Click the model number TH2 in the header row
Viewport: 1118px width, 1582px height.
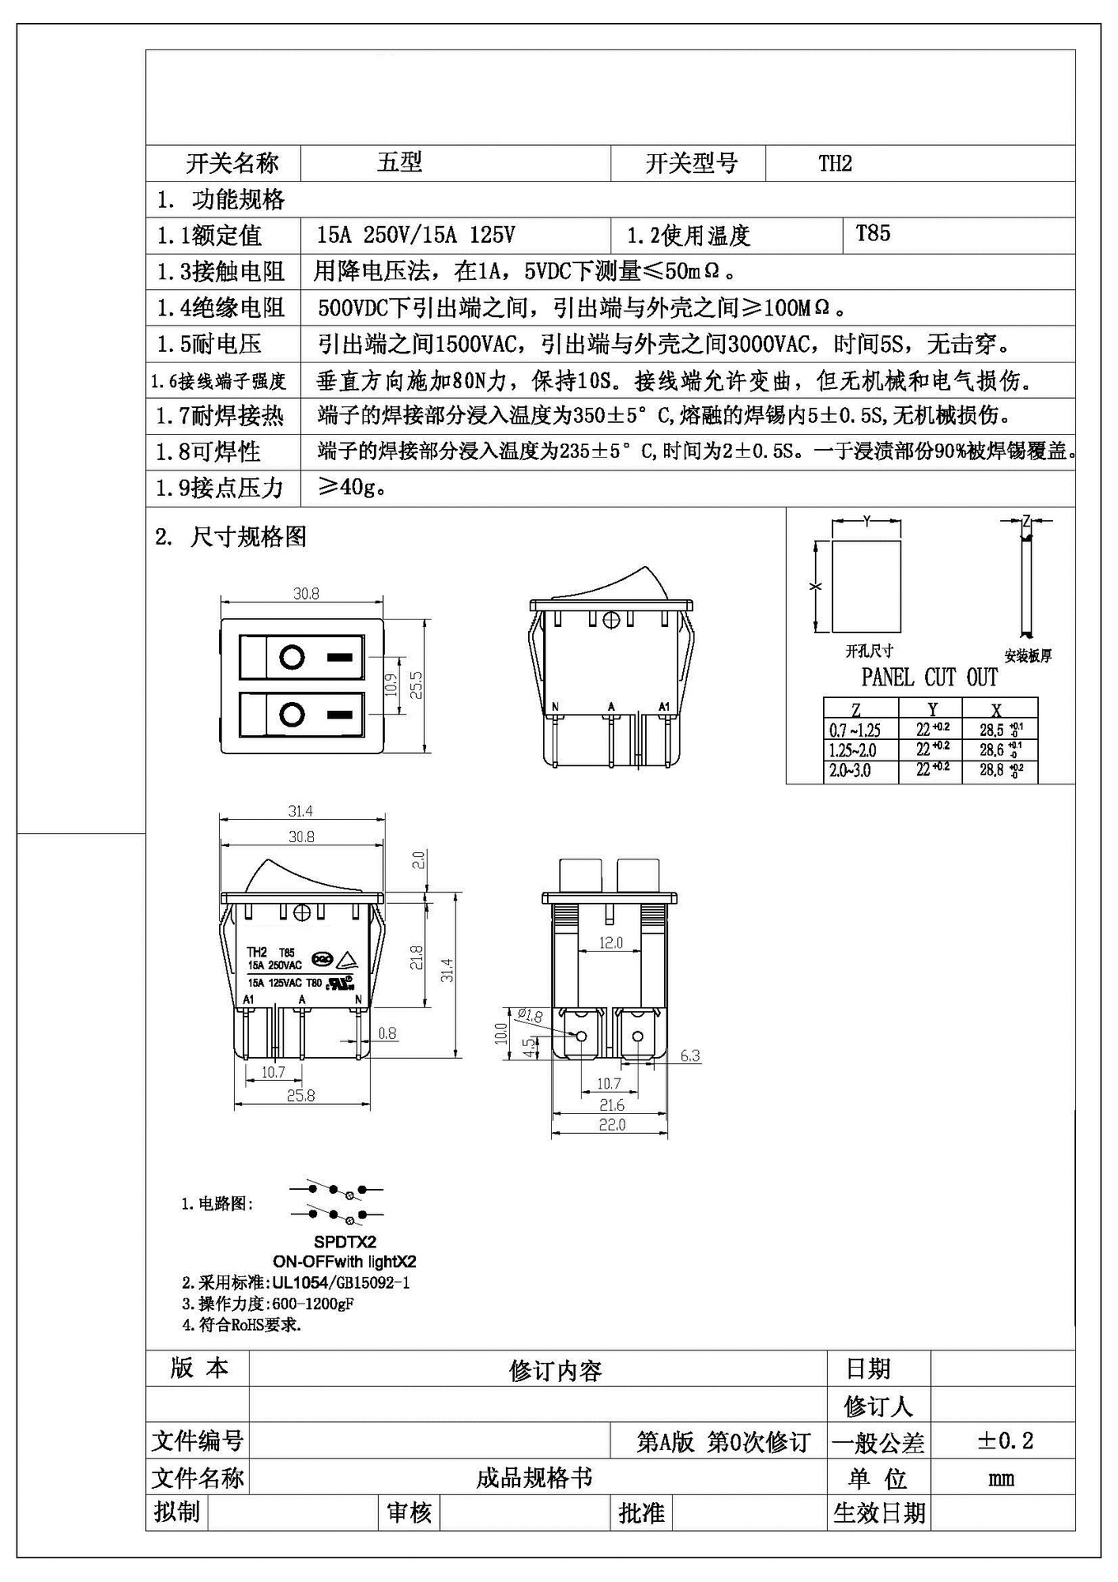click(835, 163)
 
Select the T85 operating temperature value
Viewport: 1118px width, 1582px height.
click(872, 233)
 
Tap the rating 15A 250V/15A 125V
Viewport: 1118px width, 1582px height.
click(415, 236)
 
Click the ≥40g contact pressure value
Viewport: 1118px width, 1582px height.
click(353, 488)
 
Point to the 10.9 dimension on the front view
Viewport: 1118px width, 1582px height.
click(391, 685)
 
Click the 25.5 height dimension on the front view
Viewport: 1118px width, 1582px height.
click(416, 685)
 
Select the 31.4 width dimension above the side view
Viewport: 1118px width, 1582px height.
click(301, 811)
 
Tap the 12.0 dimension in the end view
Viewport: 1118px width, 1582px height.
click(610, 943)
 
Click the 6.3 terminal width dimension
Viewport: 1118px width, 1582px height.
click(690, 1055)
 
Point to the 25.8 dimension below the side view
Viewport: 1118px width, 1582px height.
click(301, 1095)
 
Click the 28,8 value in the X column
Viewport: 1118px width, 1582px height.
click(992, 770)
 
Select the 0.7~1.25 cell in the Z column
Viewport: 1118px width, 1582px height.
click(854, 730)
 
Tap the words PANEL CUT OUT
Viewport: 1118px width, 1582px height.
click(929, 677)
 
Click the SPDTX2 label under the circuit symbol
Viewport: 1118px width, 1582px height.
click(344, 1242)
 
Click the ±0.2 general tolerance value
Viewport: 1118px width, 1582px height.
click(1005, 1441)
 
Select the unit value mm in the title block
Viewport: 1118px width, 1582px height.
click(1001, 1478)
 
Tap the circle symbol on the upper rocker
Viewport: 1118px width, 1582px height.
click(292, 658)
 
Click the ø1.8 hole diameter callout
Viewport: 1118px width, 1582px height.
click(530, 1015)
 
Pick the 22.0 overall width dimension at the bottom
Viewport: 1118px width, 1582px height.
click(611, 1125)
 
